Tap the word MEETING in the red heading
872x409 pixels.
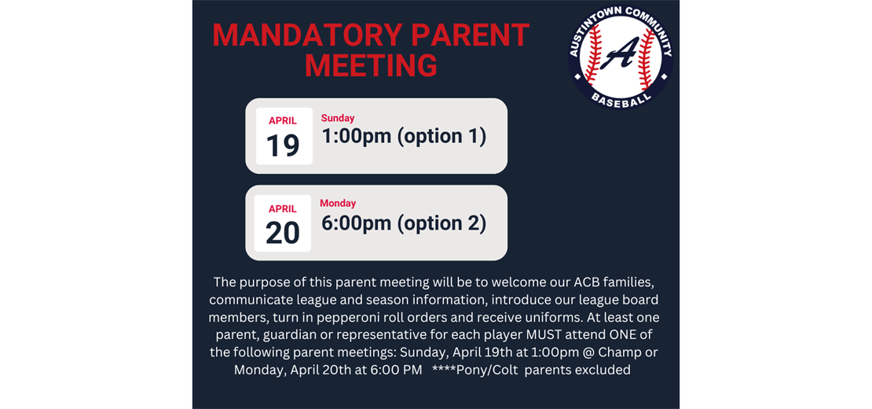pyautogui.click(x=371, y=66)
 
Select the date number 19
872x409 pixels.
pyautogui.click(x=283, y=146)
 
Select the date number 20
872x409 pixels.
pyautogui.click(x=283, y=233)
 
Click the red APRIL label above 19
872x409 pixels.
pyautogui.click(x=283, y=121)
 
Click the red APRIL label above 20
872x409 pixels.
pyautogui.click(x=283, y=209)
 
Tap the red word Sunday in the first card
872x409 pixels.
pyautogui.click(x=338, y=119)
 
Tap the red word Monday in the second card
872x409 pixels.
pyautogui.click(x=338, y=204)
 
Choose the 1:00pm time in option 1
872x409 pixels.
pyautogui.click(x=356, y=137)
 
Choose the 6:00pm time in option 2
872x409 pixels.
pyautogui.click(x=356, y=223)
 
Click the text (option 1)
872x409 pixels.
pyautogui.click(x=441, y=137)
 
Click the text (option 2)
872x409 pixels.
pyautogui.click(x=441, y=223)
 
